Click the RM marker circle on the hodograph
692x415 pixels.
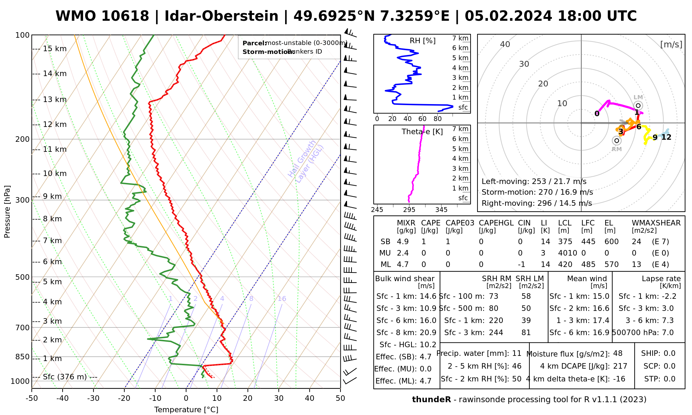tap(617, 141)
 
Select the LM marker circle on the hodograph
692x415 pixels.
tap(638, 105)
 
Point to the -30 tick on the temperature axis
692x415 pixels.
tap(93, 398)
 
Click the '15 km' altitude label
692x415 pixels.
tap(55, 49)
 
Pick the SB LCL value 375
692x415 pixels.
tap(565, 242)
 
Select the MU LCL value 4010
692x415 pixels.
tap(567, 253)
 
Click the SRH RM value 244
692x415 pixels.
tap(496, 333)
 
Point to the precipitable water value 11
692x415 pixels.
tap(517, 353)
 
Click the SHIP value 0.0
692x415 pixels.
tap(669, 353)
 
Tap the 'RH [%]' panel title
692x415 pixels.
tap(422, 41)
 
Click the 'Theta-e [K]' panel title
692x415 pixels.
tap(422, 132)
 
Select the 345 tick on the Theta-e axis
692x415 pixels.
tap(441, 210)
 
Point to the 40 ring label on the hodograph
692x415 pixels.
tap(505, 44)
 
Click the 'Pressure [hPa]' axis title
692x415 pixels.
tap(7, 212)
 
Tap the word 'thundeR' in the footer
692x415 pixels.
tap(431, 400)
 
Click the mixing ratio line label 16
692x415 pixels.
tap(282, 299)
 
